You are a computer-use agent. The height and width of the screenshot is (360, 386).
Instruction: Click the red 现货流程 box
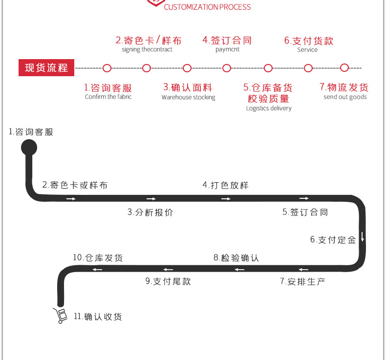tap(46, 68)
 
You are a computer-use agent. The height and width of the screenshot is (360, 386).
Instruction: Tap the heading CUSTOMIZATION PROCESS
tap(207, 7)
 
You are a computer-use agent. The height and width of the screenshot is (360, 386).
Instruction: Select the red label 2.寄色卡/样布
tap(148, 40)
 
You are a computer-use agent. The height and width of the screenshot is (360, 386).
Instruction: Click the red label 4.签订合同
tap(227, 40)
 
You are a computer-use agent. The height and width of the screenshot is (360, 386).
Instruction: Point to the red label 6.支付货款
tap(309, 41)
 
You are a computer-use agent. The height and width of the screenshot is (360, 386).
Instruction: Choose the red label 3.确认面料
tap(188, 87)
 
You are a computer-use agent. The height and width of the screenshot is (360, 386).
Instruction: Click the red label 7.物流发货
tap(344, 87)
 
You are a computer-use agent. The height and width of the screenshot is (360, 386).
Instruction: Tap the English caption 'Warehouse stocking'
tap(188, 97)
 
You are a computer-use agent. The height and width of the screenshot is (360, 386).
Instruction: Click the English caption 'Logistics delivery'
tap(269, 108)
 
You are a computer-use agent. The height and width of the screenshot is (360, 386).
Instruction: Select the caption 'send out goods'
tap(345, 97)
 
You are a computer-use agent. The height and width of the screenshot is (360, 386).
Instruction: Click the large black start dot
tap(28, 147)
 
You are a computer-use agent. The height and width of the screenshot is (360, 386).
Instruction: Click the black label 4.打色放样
tap(226, 185)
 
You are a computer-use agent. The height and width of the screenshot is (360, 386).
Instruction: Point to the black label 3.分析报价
tap(150, 212)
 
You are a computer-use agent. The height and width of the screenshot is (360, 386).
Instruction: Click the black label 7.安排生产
tap(302, 281)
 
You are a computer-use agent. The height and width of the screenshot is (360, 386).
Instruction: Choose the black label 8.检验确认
tap(236, 258)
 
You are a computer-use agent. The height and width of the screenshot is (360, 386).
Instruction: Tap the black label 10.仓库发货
tap(98, 258)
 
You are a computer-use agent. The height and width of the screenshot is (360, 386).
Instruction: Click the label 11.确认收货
tap(98, 317)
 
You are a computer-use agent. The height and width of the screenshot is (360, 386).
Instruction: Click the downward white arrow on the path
tap(363, 237)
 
